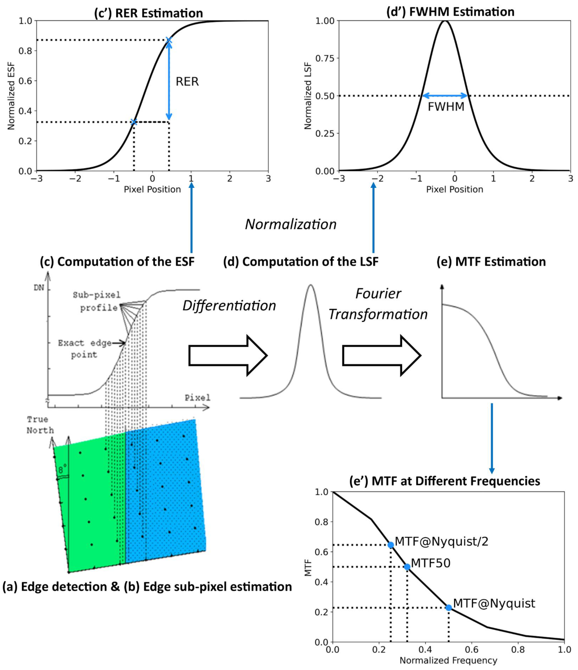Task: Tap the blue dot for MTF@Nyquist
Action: point(448,608)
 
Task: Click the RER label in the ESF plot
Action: point(187,81)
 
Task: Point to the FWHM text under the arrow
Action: point(446,107)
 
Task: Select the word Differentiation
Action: point(229,306)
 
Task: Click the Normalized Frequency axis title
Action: point(448,660)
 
